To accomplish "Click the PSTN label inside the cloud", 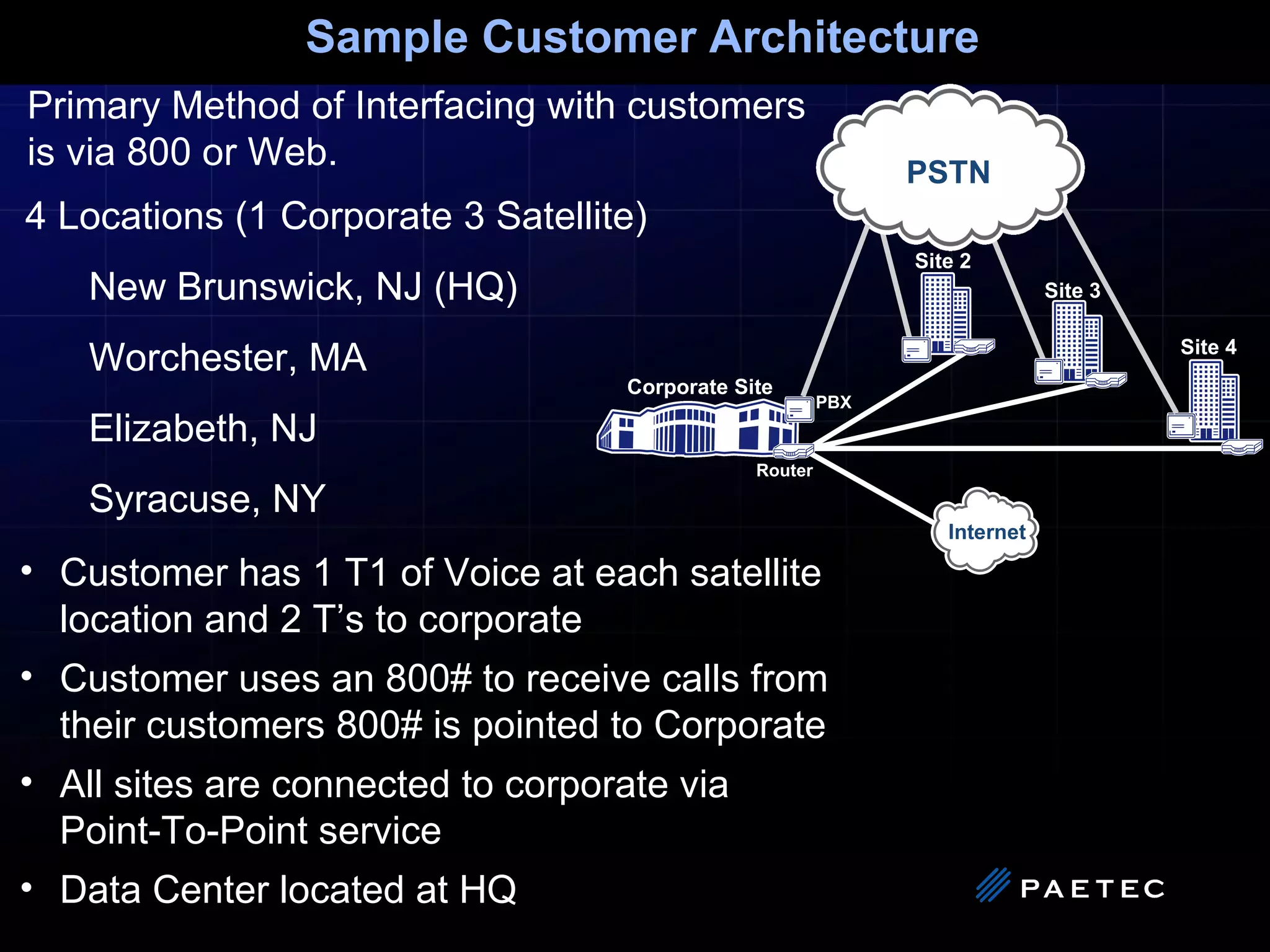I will point(948,172).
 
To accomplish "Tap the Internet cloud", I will point(985,531).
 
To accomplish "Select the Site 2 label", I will point(943,261).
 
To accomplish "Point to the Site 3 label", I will point(1072,290).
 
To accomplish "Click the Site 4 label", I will point(1208,347).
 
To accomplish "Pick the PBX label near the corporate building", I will point(833,402).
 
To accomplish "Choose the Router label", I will point(784,470).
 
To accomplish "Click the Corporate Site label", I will point(699,387).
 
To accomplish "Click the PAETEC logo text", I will point(1093,889).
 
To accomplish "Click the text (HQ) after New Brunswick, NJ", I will point(476,287).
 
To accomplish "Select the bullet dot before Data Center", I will point(26,888).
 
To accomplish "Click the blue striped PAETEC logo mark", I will point(993,885).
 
